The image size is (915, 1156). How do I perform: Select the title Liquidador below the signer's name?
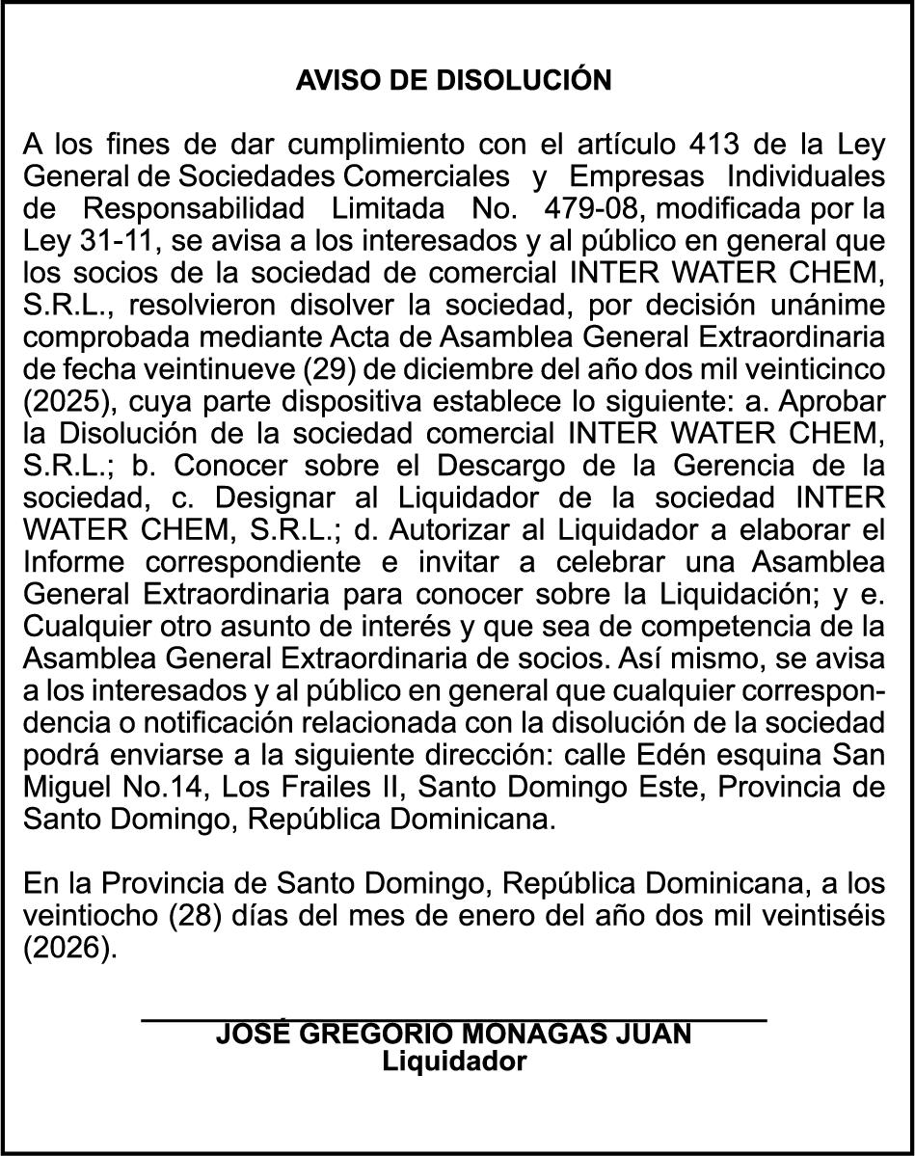454,1062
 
